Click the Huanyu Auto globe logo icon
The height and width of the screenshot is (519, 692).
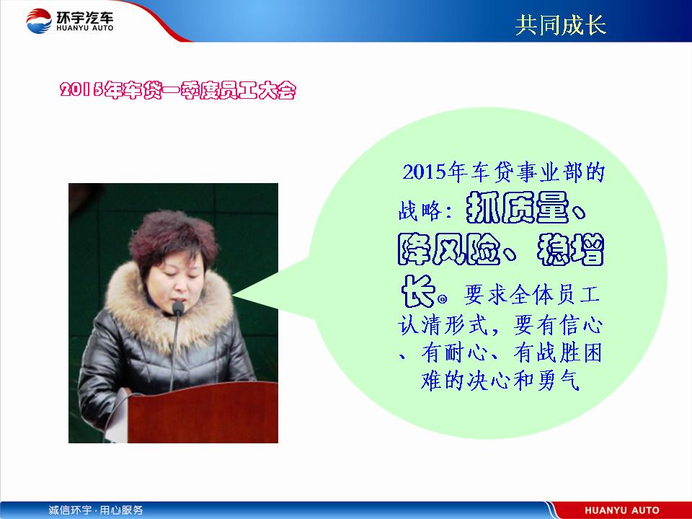(38, 21)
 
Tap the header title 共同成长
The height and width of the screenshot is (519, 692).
(561, 25)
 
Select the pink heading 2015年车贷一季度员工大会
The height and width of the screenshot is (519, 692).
(178, 90)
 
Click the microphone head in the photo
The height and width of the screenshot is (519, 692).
(178, 308)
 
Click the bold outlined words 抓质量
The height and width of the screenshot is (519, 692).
(517, 208)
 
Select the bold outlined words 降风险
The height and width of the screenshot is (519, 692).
(449, 249)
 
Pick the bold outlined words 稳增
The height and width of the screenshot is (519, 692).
(570, 250)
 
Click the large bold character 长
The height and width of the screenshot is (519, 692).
(417, 291)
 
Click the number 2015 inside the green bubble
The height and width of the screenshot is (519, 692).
(424, 172)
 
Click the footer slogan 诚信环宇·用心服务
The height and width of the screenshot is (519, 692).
(96, 510)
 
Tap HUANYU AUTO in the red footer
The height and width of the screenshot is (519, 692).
(622, 510)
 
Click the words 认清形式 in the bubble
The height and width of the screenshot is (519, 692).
(443, 326)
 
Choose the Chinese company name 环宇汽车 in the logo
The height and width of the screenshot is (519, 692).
(85, 17)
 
